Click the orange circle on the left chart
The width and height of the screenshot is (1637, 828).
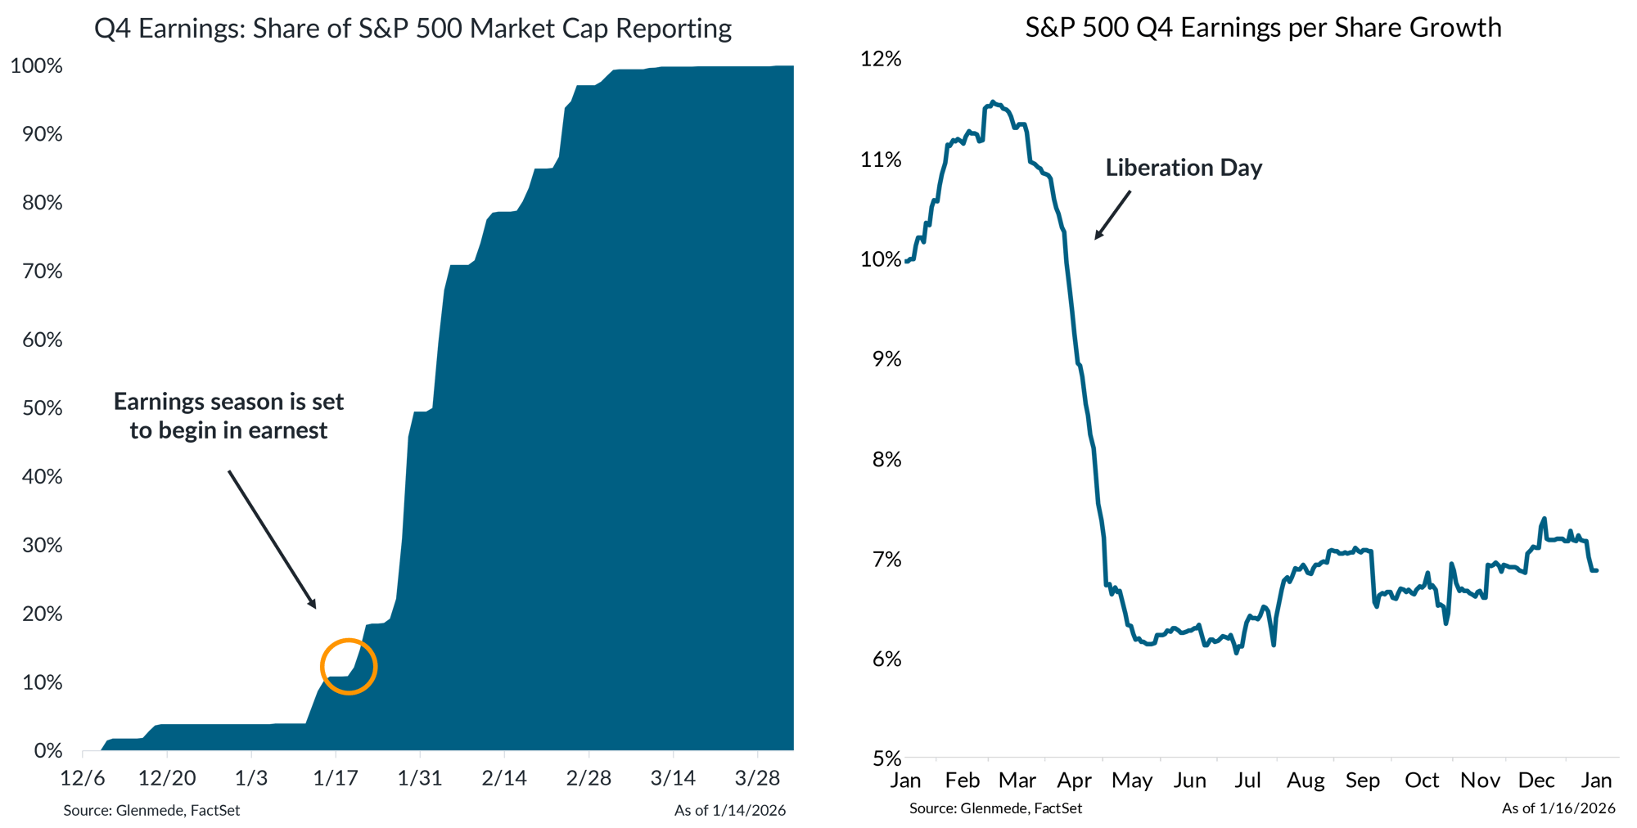(x=349, y=666)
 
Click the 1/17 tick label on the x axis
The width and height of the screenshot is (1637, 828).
(x=336, y=778)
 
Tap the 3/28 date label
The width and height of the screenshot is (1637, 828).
(x=757, y=778)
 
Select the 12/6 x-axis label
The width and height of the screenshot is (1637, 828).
(x=83, y=778)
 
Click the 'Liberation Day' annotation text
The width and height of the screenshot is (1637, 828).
(x=1184, y=168)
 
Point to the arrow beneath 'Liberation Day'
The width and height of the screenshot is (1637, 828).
(x=1112, y=215)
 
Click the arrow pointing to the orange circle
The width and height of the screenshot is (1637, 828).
(x=272, y=539)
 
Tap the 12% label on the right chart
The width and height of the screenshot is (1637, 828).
(x=880, y=59)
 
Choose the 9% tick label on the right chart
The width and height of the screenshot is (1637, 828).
(x=886, y=359)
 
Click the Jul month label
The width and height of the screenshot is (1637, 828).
(x=1247, y=781)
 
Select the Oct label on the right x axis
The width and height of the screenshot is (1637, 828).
(x=1422, y=781)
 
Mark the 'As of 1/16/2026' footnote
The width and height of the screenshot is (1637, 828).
(x=1558, y=808)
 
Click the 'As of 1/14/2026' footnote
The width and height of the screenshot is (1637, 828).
(x=729, y=810)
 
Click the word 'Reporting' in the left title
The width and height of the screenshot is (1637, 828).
(x=673, y=29)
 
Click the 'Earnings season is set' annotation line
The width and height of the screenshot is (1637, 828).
(x=228, y=402)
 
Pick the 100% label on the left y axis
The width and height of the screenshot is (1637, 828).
(x=37, y=66)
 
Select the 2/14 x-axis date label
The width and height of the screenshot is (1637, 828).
(x=504, y=778)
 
